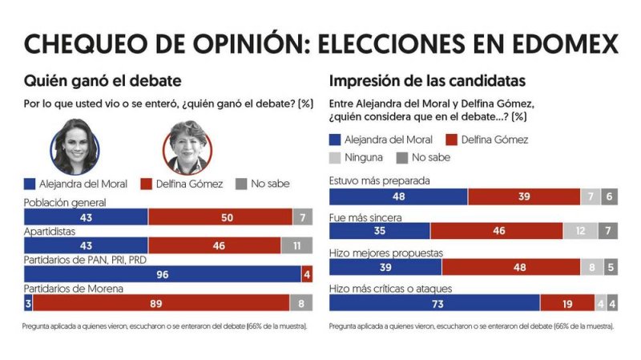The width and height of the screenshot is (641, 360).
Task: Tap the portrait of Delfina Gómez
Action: pos(187,148)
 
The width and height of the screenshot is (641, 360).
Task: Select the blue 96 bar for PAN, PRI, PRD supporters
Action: pos(163,275)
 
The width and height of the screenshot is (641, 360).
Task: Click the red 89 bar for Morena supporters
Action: pos(161,303)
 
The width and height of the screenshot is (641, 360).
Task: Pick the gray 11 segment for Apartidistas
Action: pos(297,246)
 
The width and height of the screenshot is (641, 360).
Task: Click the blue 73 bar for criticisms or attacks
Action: pos(434,304)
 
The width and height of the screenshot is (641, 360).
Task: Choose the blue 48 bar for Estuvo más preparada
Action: pos(398,196)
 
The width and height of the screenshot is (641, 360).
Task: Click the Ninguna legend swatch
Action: pos(337,158)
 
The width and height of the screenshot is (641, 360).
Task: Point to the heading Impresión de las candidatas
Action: pos(428,81)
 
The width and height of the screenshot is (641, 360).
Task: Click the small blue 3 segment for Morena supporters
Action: pos(28,303)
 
